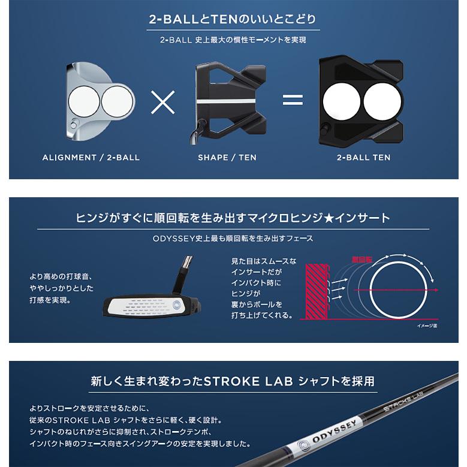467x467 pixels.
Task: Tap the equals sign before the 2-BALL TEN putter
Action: click(293, 100)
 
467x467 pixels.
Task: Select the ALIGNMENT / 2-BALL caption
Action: click(91, 158)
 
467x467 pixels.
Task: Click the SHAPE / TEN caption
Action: click(227, 158)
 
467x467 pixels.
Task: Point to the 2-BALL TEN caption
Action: click(363, 158)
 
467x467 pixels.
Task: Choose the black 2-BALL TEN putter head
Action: click(363, 99)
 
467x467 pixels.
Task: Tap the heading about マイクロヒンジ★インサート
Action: click(233, 218)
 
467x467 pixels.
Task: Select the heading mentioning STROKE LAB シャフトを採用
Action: click(233, 381)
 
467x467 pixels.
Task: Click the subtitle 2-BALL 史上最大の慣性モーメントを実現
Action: click(233, 41)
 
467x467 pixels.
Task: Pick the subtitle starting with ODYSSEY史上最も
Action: click(233, 238)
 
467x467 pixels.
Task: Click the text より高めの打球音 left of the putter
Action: click(60, 277)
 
